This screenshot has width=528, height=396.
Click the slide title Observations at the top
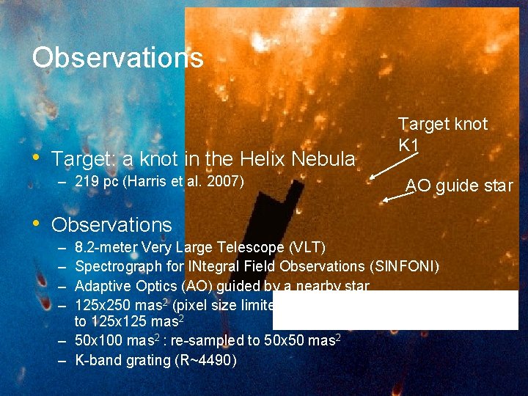click(117, 57)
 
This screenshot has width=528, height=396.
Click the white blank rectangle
click(396, 309)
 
